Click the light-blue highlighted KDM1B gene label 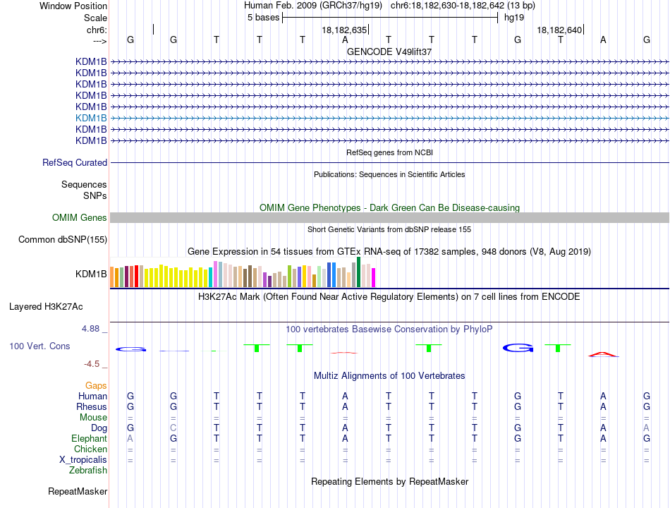tap(91, 118)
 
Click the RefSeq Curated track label tap(75, 162)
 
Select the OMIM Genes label tap(80, 217)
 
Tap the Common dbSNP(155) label tap(63, 239)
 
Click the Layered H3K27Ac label tap(46, 307)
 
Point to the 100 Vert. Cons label tap(39, 346)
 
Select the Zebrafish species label tap(88, 471)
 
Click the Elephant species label tap(90, 439)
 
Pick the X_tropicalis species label tap(83, 460)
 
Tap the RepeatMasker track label tap(78, 491)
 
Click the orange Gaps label tap(96, 386)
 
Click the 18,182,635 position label tap(344, 30)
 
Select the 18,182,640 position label tap(559, 30)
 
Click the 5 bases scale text tap(263, 18)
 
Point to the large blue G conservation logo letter tap(518, 348)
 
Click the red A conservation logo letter tap(603, 354)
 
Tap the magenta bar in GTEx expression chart tap(374, 277)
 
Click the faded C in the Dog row tap(173, 428)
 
